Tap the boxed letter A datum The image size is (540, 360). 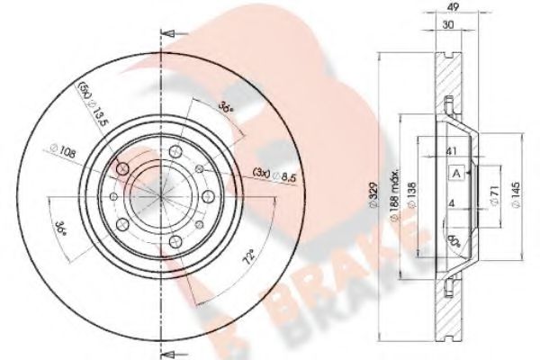click(457, 174)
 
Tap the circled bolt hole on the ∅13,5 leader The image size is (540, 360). click(123, 168)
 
